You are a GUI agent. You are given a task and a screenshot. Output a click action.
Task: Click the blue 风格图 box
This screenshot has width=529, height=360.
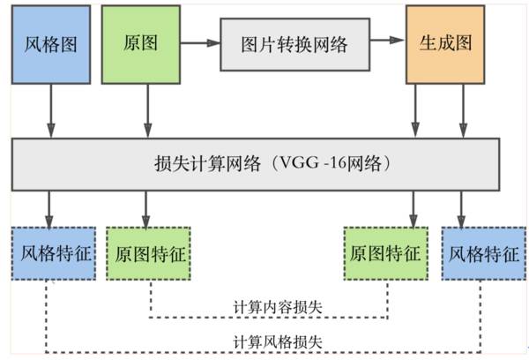coord(50,44)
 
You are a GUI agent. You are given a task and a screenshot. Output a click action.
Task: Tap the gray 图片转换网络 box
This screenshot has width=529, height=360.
coord(294,43)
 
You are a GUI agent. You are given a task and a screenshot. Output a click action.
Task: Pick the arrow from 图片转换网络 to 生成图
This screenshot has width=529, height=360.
coord(385,42)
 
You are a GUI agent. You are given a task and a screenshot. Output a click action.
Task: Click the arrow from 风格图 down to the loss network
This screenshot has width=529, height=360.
coord(50,110)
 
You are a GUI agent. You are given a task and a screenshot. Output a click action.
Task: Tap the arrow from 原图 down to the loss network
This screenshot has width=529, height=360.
coord(147,110)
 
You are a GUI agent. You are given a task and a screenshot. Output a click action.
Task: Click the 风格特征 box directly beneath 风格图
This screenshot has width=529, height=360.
coord(50,254)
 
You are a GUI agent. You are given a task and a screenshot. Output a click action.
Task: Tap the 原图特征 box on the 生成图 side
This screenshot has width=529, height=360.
coord(385,254)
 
